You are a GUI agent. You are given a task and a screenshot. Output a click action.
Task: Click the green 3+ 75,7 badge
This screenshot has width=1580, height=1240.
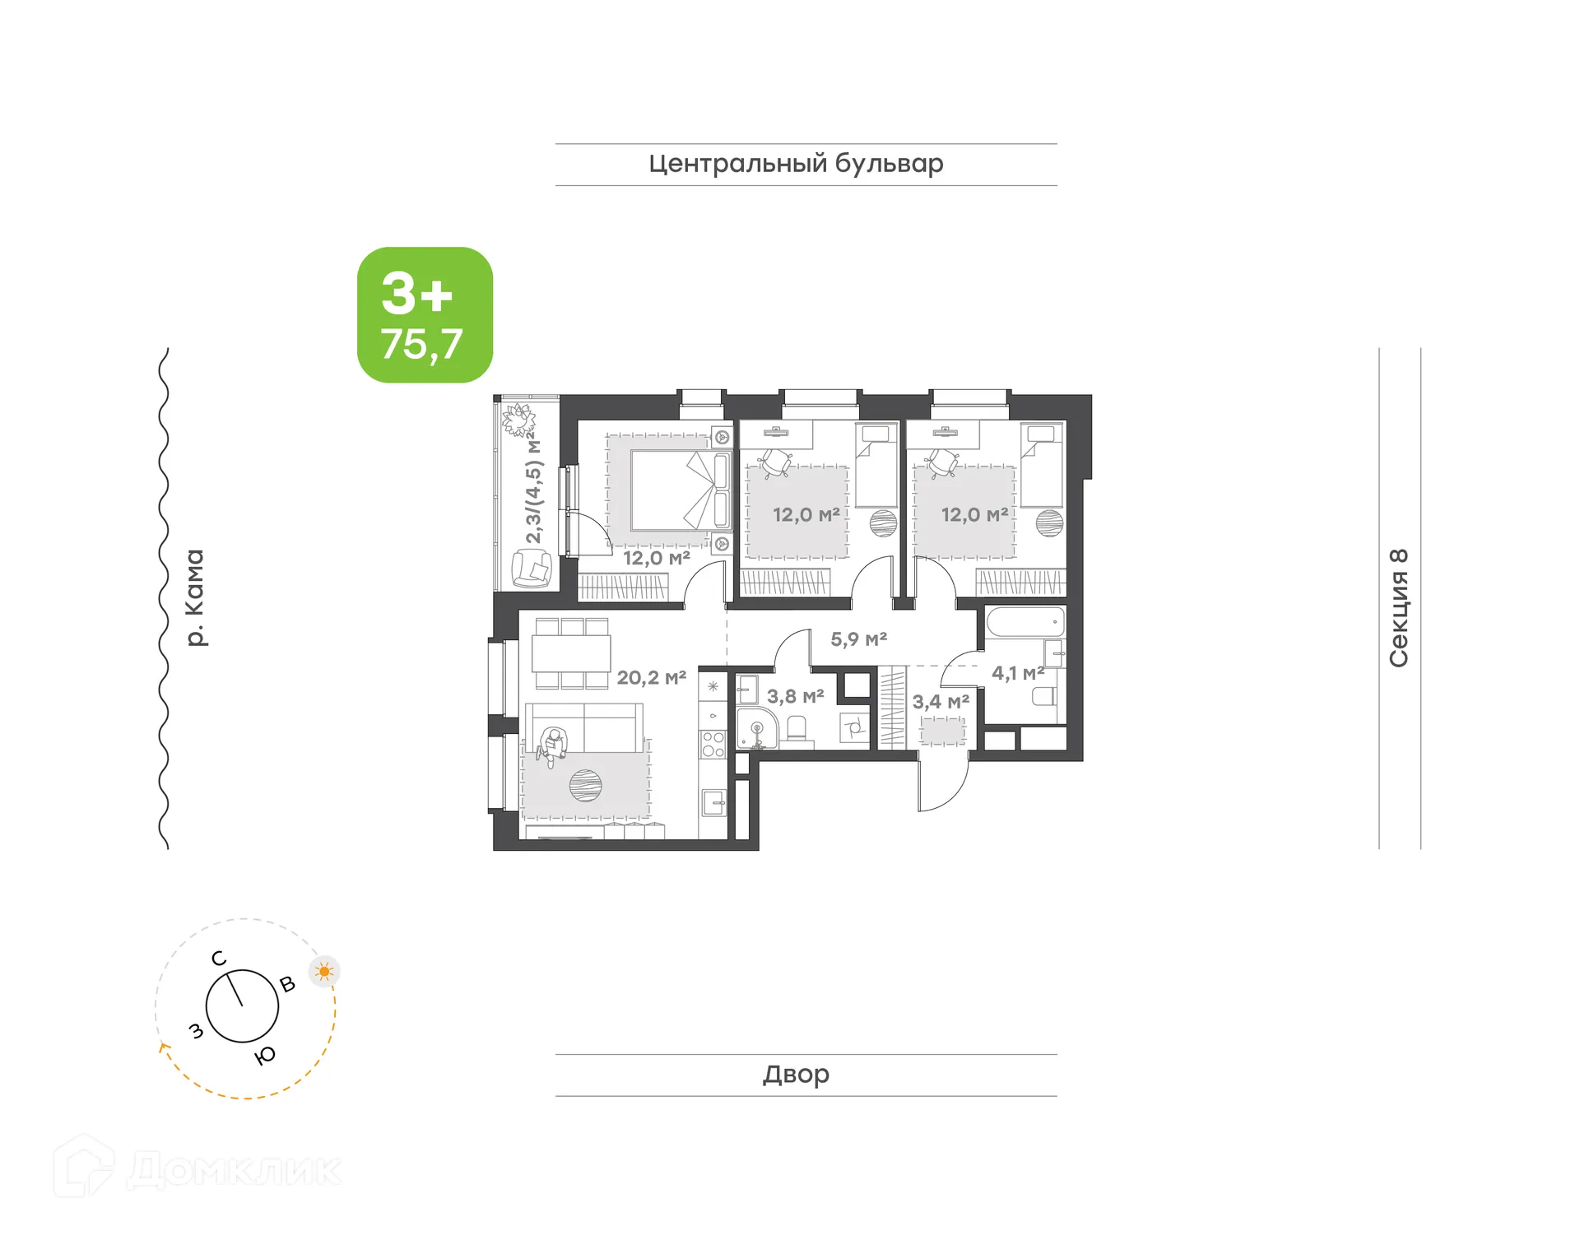(425, 315)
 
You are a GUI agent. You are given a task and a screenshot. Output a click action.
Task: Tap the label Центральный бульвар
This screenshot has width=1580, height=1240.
(796, 164)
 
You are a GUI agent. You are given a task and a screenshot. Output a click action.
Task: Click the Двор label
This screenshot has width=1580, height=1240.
(796, 1074)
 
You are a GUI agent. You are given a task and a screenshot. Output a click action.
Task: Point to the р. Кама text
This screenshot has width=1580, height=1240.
(195, 598)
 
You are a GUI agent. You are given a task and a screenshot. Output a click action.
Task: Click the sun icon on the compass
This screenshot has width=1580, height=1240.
(324, 972)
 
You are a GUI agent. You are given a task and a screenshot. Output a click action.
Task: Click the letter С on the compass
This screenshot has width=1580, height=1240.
(219, 958)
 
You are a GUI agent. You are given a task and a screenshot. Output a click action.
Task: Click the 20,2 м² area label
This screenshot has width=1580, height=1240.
(651, 678)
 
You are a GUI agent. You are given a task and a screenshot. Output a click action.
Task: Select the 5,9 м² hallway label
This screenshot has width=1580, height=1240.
(858, 639)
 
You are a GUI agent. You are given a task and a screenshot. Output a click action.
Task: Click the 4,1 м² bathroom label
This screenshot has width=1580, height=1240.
(1017, 673)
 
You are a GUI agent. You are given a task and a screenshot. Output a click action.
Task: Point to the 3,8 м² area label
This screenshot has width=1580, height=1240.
(795, 697)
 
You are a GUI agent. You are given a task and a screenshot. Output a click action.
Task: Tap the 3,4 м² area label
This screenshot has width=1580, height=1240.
(941, 702)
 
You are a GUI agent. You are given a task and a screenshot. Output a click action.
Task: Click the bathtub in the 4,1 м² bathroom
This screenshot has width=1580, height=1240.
(1025, 622)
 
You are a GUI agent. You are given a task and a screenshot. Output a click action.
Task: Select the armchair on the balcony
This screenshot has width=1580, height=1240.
(532, 569)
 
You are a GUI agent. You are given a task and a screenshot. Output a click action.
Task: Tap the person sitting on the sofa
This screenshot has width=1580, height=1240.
(552, 745)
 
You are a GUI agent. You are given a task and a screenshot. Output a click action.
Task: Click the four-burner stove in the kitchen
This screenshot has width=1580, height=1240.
(713, 745)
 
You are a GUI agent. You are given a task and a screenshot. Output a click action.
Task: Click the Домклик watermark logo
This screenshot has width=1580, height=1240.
(197, 1168)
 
